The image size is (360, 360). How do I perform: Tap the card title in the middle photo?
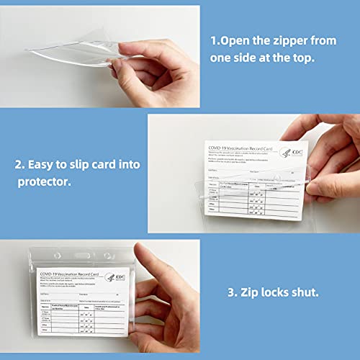[248, 143]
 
